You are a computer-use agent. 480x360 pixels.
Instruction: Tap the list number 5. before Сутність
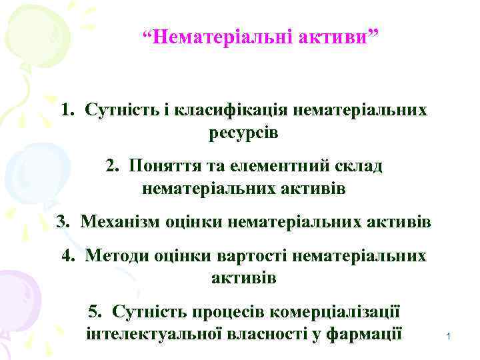tap(95, 311)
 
